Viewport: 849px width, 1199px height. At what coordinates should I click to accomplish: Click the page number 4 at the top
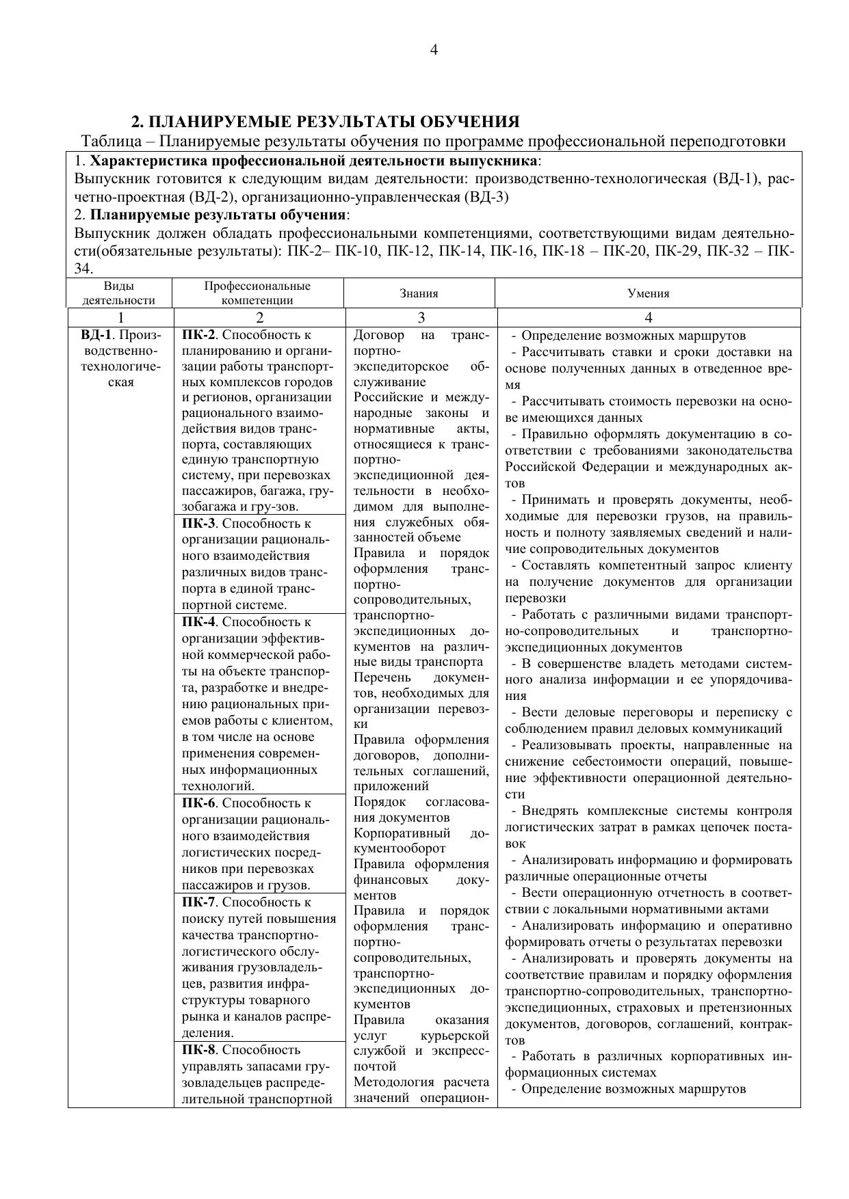click(x=434, y=50)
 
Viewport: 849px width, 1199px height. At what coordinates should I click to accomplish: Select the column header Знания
click(x=419, y=293)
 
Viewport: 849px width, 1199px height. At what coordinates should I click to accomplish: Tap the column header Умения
click(x=648, y=293)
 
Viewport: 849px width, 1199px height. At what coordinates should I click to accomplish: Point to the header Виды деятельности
click(x=118, y=293)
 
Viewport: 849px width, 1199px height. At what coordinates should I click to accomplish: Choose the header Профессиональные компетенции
click(x=257, y=293)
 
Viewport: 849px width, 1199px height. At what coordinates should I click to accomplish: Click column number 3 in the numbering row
click(x=421, y=317)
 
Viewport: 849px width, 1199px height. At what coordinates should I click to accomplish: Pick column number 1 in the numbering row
click(x=120, y=317)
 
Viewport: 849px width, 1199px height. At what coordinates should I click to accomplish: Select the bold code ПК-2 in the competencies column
click(x=198, y=335)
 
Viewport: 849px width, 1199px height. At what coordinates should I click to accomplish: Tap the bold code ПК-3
click(x=198, y=524)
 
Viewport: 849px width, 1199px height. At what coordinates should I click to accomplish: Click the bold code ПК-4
click(x=198, y=622)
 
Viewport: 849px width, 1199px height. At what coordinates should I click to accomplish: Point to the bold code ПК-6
click(x=198, y=803)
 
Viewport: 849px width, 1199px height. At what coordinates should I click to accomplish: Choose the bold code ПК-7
click(x=198, y=902)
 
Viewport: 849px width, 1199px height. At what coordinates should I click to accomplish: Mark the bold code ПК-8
click(x=198, y=1049)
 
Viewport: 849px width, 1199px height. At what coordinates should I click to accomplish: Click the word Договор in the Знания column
click(x=378, y=335)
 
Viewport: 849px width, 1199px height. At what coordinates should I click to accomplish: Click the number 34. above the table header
click(x=83, y=269)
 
